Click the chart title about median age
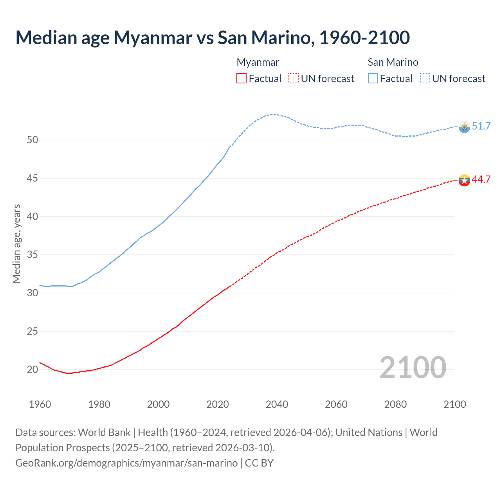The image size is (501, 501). pyautogui.click(x=213, y=38)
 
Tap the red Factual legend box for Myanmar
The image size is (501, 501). pyautogui.click(x=241, y=79)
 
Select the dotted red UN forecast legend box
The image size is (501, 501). pyautogui.click(x=294, y=79)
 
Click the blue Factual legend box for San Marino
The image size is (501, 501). pyautogui.click(x=373, y=79)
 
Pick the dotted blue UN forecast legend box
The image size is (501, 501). pyautogui.click(x=425, y=79)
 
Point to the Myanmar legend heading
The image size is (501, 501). pyautogui.click(x=258, y=62)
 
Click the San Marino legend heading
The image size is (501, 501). pyautogui.click(x=393, y=62)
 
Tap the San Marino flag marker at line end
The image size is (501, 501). pyautogui.click(x=464, y=127)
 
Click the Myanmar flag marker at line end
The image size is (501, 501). pyautogui.click(x=464, y=180)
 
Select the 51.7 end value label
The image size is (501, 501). pyautogui.click(x=481, y=126)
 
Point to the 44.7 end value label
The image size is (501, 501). pyautogui.click(x=481, y=179)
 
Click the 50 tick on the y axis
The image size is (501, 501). pyautogui.click(x=32, y=140)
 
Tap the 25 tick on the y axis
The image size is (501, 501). pyautogui.click(x=32, y=332)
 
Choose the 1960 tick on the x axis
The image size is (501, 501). pyautogui.click(x=40, y=404)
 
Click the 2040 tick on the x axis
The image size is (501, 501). pyautogui.click(x=277, y=404)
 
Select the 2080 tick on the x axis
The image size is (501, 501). pyautogui.click(x=395, y=404)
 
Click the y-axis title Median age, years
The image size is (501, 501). pyautogui.click(x=16, y=243)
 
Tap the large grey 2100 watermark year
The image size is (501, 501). pyautogui.click(x=413, y=367)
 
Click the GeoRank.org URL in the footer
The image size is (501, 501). pyautogui.click(x=126, y=463)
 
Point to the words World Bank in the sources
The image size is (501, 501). pyautogui.click(x=104, y=433)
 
